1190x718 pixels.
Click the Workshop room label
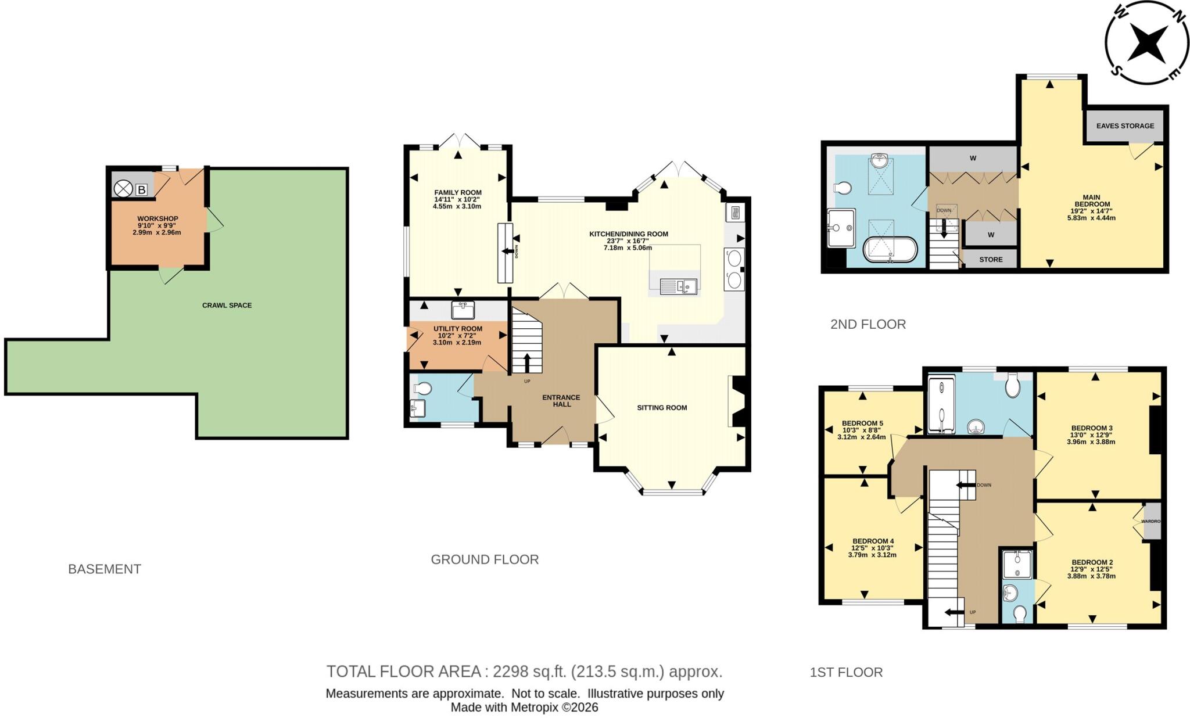coord(157,218)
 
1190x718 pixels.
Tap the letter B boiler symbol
coord(141,189)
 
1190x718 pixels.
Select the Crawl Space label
coord(227,305)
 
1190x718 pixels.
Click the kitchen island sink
coord(678,285)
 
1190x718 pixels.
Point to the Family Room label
coord(458,192)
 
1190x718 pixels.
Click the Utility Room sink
coord(463,310)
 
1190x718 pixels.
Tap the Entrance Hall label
coord(561,401)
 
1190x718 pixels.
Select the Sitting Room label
coord(662,408)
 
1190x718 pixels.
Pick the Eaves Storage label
coord(1125,126)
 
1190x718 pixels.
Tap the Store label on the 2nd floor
coord(991,260)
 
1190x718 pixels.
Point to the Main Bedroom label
coord(1092,201)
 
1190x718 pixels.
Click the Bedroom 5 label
coord(862,423)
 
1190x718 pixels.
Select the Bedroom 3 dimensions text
coord(1091,438)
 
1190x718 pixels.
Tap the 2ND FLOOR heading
coord(868,324)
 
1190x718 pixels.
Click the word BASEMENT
coord(105,569)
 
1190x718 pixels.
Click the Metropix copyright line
coord(524,708)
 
